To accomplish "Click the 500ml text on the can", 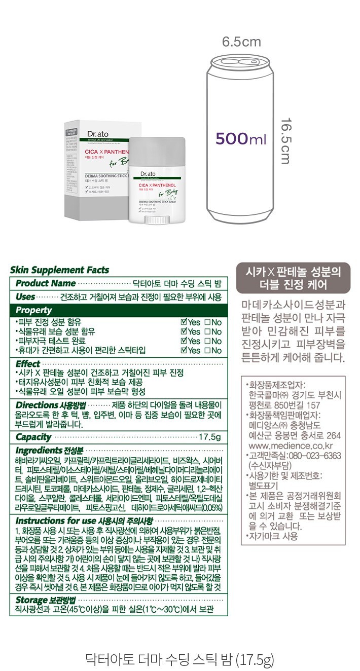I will pos(241,138).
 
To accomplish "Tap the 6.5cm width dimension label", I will pos(241,42).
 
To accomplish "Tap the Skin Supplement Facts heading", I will pos(59,270).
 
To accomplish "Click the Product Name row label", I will pos(46,283).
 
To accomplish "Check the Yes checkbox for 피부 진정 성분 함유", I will pos(185,322).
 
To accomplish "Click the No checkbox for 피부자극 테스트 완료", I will pos(207,341).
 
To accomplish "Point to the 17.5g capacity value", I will pos(210,437).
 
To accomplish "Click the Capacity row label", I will pos(33,437).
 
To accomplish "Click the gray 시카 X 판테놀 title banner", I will pos(293,278).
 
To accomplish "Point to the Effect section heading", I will pos(28,363).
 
